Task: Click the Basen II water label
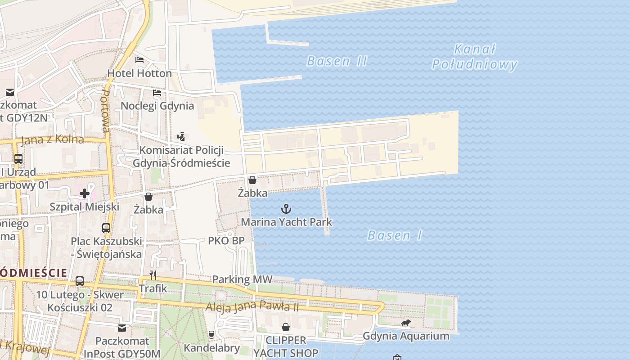(337, 61)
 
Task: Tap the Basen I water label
(395, 235)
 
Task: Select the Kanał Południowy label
(474, 57)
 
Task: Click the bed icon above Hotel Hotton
(139, 60)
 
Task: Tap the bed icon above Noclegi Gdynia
(157, 93)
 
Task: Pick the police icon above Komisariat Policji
(181, 136)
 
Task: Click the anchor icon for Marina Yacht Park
(286, 209)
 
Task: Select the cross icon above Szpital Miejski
(85, 193)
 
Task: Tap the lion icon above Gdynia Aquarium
(406, 323)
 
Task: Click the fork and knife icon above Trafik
(153, 275)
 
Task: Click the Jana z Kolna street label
(53, 139)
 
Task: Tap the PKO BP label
(226, 241)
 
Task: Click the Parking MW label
(242, 279)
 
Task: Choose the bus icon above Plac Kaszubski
(106, 228)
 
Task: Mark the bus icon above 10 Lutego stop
(80, 281)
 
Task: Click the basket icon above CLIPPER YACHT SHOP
(285, 327)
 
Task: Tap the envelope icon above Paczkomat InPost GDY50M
(122, 328)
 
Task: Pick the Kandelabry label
(211, 348)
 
